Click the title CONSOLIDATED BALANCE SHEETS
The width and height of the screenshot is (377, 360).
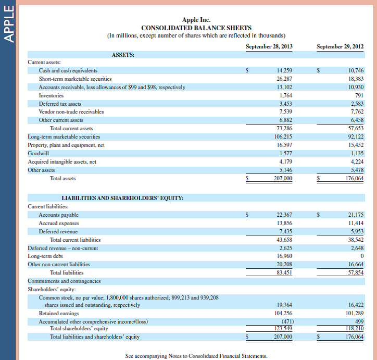pos(196,28)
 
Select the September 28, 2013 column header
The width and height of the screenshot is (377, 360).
pos(269,46)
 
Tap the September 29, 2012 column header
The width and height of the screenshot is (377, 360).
pos(340,46)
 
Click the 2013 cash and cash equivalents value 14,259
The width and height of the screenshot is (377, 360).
pos(284,70)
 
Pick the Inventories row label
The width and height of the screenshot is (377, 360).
pos(51,95)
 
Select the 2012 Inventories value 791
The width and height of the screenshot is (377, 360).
pos(359,95)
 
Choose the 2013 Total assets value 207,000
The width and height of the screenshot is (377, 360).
pos(283,178)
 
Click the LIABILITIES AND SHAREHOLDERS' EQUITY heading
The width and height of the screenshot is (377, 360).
pos(122,198)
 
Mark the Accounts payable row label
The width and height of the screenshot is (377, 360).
pos(59,215)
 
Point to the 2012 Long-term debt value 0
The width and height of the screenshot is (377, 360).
pos(361,256)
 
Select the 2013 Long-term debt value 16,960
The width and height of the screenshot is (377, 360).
pos(284,256)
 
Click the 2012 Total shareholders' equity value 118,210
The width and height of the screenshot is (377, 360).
pos(355,328)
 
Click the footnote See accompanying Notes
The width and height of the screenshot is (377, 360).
pos(196,356)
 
